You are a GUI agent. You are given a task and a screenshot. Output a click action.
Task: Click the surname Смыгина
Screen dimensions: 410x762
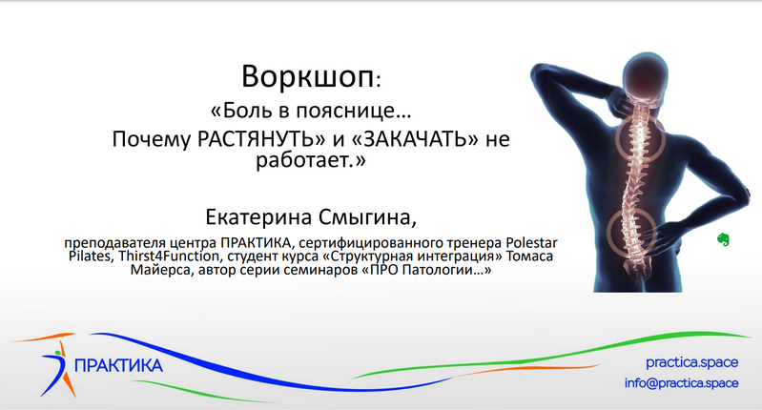tap(366, 216)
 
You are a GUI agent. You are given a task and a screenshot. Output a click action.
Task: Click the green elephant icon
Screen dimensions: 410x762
tap(724, 241)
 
